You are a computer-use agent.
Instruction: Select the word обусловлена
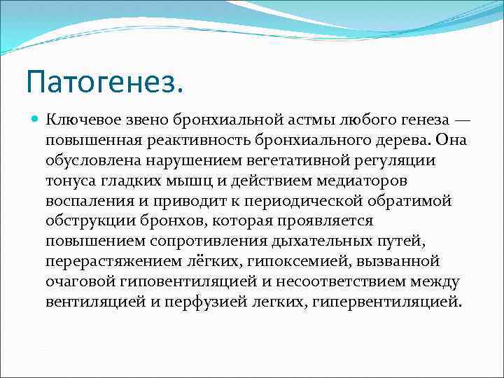pos(87,161)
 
